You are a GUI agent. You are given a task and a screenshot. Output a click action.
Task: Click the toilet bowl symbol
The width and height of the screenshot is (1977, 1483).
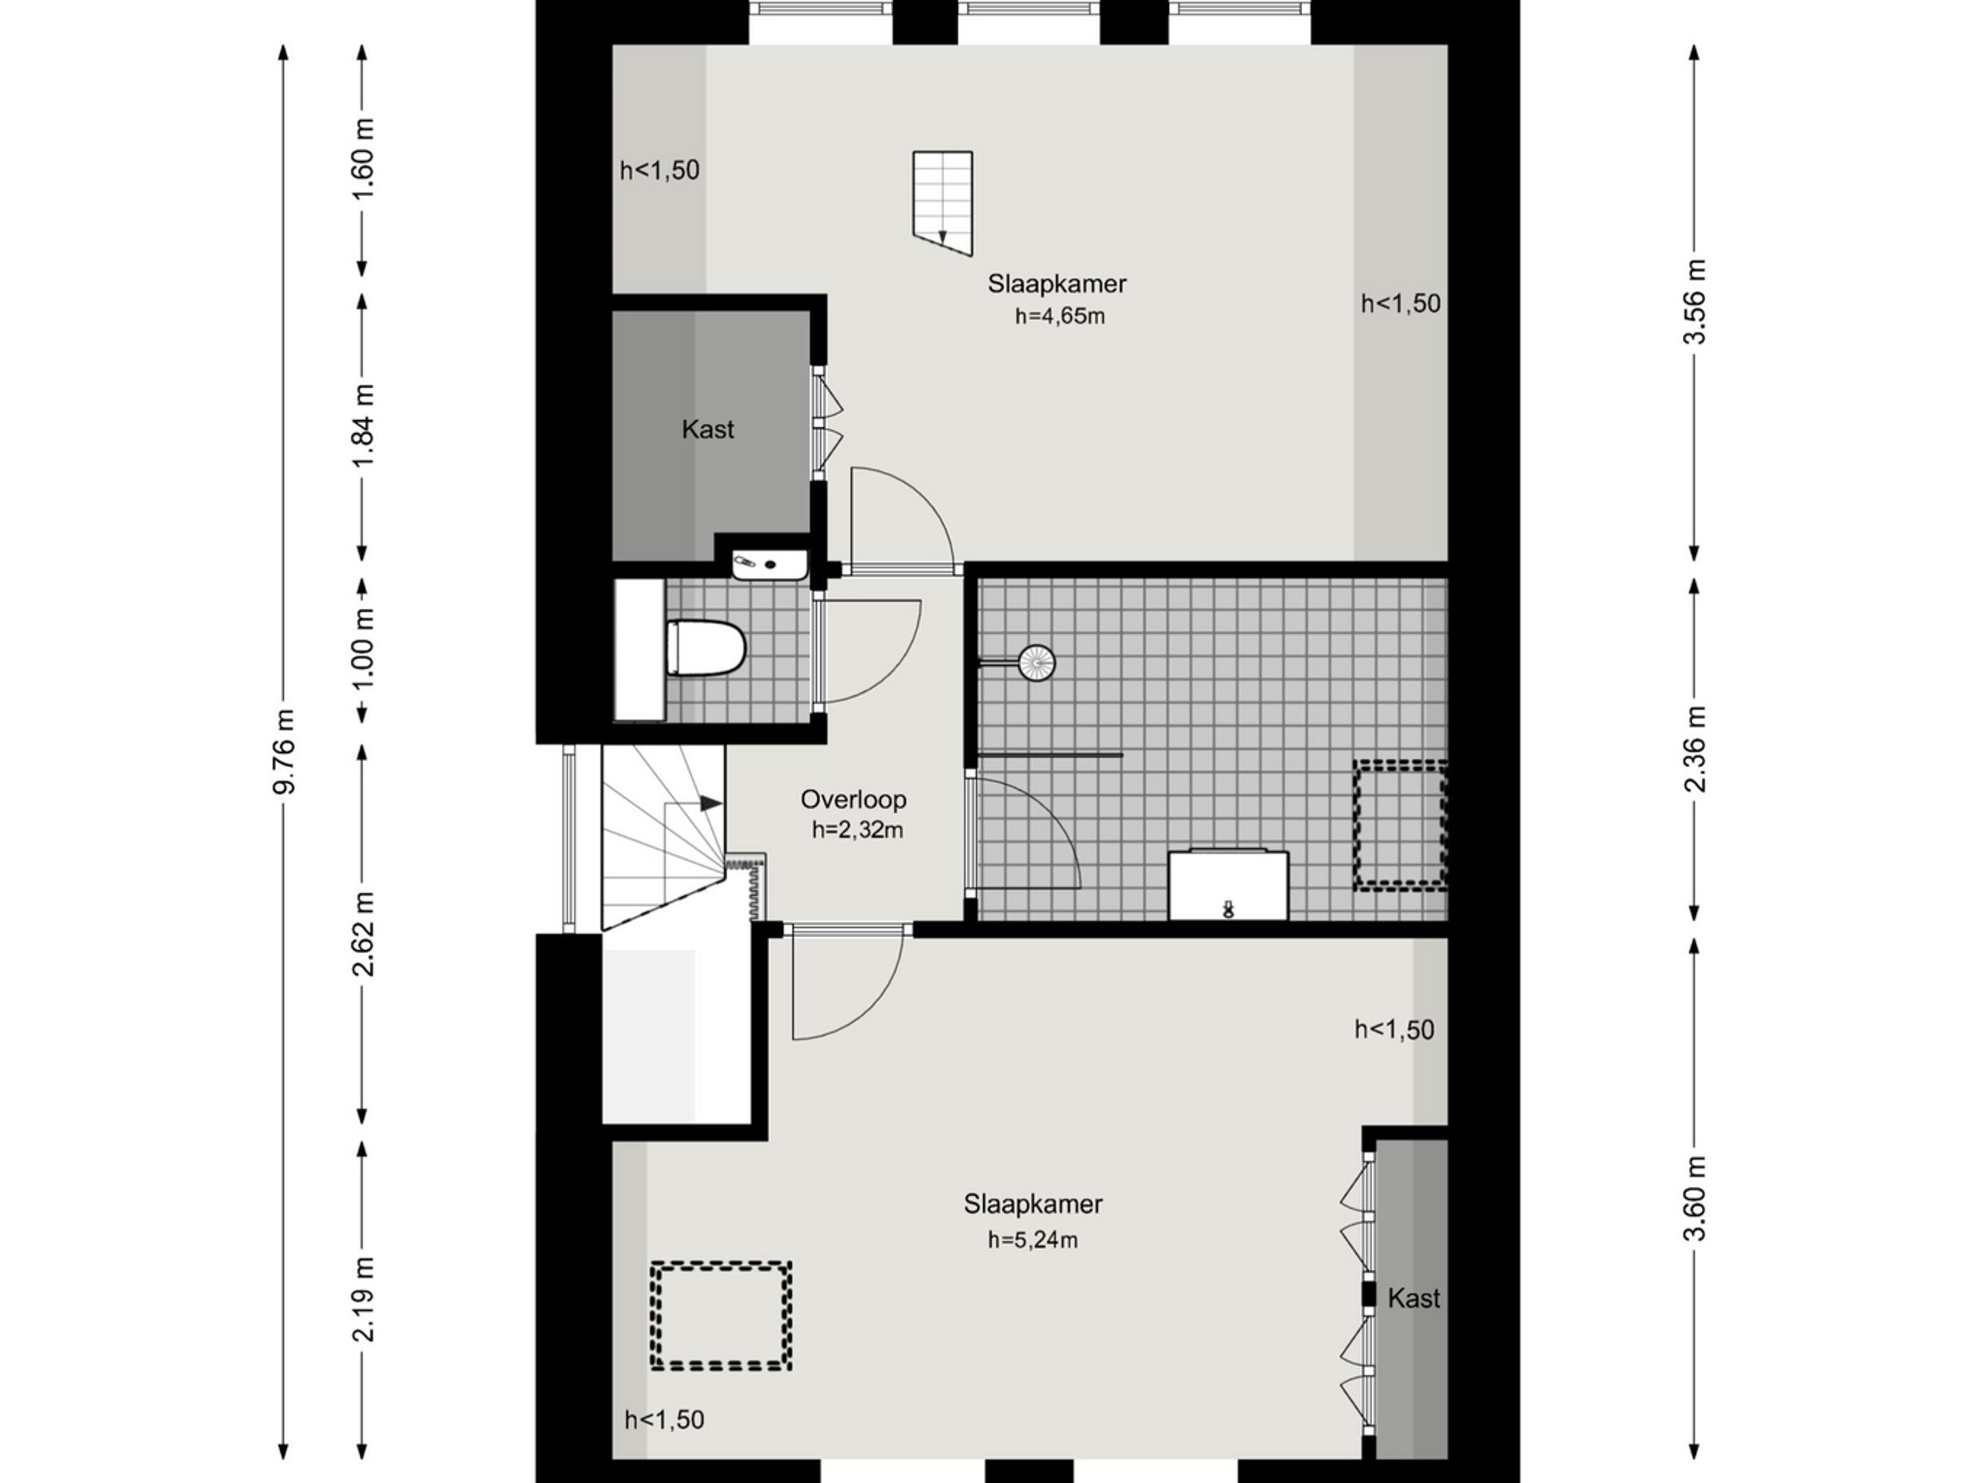705,647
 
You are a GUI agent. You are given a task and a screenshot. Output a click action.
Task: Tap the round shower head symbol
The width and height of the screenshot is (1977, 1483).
1036,663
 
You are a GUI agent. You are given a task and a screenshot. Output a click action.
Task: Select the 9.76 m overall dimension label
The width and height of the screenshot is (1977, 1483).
284,751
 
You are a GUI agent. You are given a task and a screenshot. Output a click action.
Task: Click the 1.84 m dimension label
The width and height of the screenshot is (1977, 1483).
363,425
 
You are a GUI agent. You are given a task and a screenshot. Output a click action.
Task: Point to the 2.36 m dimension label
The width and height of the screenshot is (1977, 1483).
1694,749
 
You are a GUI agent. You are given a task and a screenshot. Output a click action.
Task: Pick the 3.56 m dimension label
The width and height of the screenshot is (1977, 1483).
1694,301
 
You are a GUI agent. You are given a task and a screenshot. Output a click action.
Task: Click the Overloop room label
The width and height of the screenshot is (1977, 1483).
853,799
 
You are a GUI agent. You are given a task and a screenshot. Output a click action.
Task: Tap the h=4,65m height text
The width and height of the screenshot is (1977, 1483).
1059,317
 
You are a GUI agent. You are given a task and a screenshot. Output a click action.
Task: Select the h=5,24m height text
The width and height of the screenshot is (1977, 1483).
1033,1240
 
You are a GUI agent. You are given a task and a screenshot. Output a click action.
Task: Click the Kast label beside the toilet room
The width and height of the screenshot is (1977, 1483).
708,429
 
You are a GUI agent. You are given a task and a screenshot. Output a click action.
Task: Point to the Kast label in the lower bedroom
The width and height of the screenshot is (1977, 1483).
1414,1298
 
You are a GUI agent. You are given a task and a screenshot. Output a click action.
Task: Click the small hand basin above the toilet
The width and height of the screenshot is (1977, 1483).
769,565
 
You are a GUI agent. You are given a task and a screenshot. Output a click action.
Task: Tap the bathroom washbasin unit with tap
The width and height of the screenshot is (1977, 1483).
1228,884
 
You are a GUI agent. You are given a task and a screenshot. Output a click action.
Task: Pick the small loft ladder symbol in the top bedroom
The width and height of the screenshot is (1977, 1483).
942,203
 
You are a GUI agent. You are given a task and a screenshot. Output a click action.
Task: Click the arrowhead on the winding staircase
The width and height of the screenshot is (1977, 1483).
710,803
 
